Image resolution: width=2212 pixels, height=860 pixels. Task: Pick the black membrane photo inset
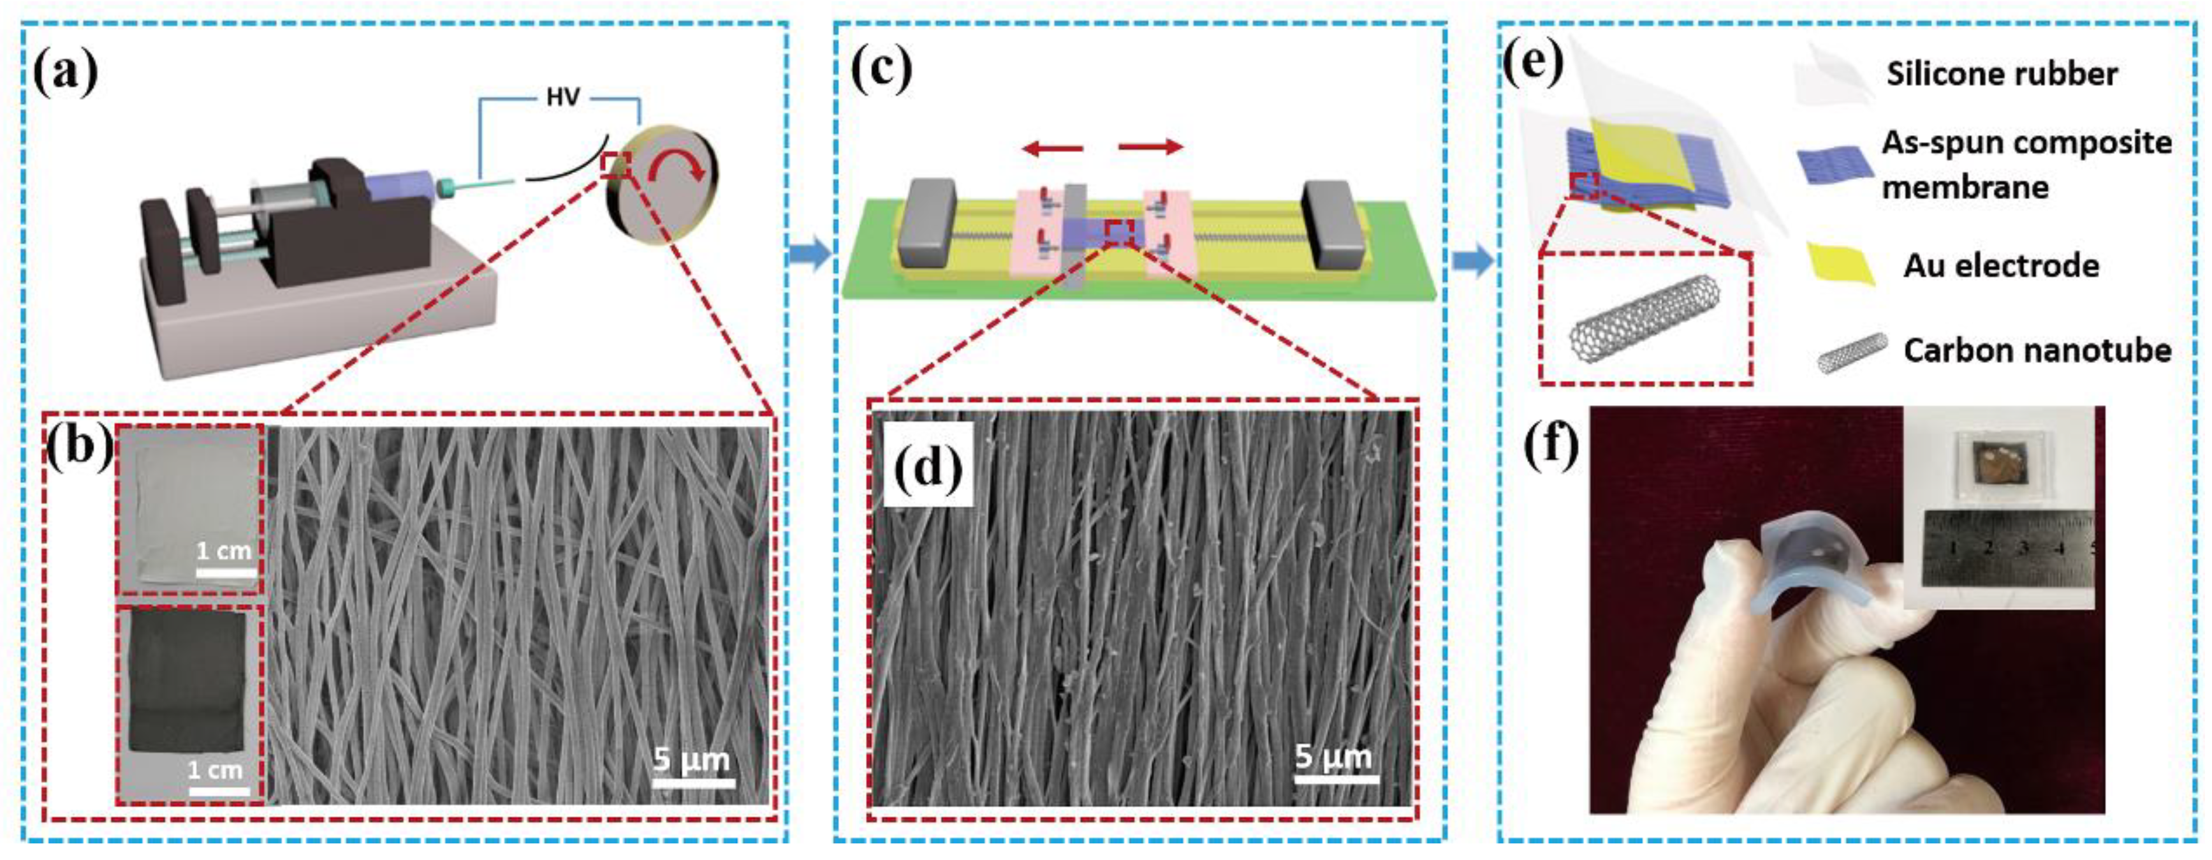pyautogui.click(x=188, y=704)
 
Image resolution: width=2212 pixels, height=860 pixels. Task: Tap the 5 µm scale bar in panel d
pyautogui.click(x=1335, y=779)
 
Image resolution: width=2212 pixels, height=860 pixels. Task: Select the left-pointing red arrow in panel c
pyautogui.click(x=1052, y=149)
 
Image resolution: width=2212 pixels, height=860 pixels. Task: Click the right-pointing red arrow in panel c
pyautogui.click(x=1151, y=148)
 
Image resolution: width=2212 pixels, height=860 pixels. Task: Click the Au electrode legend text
pyautogui.click(x=2001, y=266)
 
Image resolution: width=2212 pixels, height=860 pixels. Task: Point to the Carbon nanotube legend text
pyautogui.click(x=2036, y=350)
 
